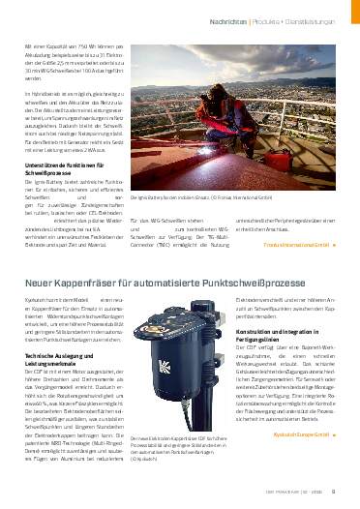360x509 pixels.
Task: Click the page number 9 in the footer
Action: [x=345, y=498]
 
